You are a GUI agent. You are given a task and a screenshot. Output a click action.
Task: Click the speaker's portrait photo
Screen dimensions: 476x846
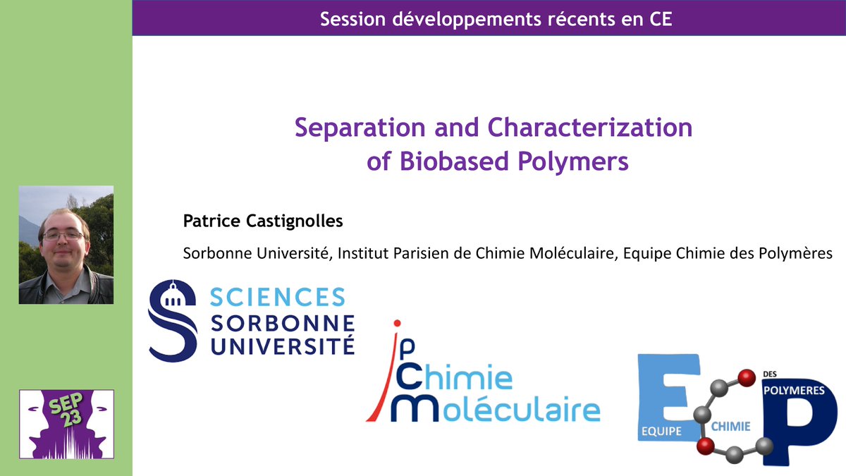click(66, 244)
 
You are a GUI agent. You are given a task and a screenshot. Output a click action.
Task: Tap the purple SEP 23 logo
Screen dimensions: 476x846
click(66, 424)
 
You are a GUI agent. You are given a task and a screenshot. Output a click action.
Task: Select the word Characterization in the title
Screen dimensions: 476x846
click(589, 128)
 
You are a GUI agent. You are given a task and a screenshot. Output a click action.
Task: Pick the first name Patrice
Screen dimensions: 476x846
click(209, 221)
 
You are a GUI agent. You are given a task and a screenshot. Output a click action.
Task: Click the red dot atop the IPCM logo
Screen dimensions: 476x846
click(397, 324)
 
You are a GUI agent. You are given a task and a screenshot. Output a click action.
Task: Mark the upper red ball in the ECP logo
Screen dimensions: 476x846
click(742, 376)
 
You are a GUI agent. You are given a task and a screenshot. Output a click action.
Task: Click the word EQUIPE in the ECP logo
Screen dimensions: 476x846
click(661, 430)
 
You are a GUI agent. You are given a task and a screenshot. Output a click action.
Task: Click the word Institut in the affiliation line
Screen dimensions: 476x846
click(360, 252)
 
